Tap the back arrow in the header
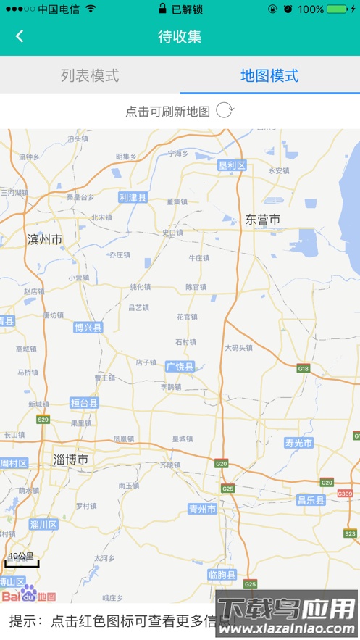pyautogui.click(x=20, y=36)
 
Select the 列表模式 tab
pyautogui.click(x=90, y=75)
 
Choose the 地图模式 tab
pyautogui.click(x=269, y=75)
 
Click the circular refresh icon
pyautogui.click(x=225, y=111)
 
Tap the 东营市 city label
pyautogui.click(x=262, y=219)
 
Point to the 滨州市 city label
pyautogui.click(x=45, y=239)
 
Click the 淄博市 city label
pyautogui.click(x=71, y=459)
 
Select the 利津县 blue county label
pyautogui.click(x=133, y=197)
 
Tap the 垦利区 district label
pyautogui.click(x=233, y=165)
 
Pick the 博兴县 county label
pyautogui.click(x=88, y=328)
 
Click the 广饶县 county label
pyautogui.click(x=180, y=367)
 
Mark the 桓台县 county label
pyautogui.click(x=84, y=403)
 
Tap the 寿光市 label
pyautogui.click(x=298, y=443)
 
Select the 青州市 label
pyautogui.click(x=202, y=509)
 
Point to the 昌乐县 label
pyautogui.click(x=311, y=500)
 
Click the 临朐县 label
pyautogui.click(x=222, y=575)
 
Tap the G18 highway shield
pyautogui.click(x=304, y=369)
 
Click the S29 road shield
pyautogui.click(x=43, y=420)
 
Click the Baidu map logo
pyautogui.click(x=28, y=595)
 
